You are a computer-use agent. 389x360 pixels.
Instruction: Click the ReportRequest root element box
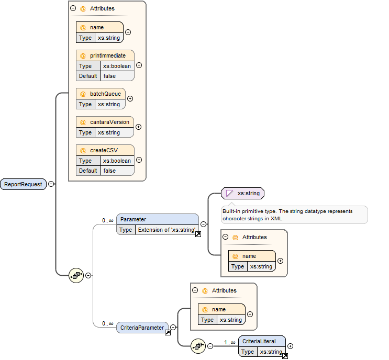23,184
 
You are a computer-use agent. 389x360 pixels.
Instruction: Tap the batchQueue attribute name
105,94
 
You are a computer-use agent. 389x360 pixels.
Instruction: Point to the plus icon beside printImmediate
139,65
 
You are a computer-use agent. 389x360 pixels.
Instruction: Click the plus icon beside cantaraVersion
139,127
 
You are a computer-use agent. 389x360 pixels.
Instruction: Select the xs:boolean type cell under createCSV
117,161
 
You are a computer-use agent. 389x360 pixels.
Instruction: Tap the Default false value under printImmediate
109,76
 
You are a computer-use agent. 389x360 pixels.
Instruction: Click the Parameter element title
134,219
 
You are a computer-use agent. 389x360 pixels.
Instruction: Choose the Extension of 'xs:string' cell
165,230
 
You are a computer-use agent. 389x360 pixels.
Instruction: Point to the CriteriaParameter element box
142,328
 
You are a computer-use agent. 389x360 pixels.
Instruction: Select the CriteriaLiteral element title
259,341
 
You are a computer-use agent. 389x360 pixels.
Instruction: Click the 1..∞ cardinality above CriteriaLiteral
230,342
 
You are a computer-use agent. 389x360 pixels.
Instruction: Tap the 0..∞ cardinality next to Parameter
108,220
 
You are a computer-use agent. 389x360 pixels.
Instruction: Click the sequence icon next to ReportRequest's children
76,275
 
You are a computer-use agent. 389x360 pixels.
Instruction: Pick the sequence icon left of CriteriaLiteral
198,345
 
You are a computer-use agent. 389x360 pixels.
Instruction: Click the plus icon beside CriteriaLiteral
291,346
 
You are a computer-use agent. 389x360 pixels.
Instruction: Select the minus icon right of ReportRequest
51,184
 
